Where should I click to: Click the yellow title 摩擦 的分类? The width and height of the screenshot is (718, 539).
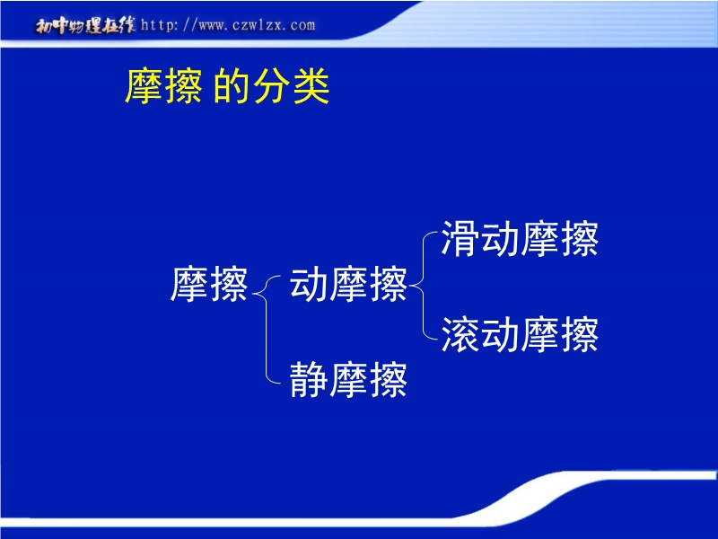tap(227, 85)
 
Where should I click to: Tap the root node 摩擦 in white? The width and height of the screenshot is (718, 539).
tap(209, 284)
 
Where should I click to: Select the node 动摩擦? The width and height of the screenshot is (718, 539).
tap(348, 284)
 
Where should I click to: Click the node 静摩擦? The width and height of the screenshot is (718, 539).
tap(348, 379)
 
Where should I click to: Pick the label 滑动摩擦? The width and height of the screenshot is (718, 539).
tap(520, 238)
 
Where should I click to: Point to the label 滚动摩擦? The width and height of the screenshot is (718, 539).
tap(520, 334)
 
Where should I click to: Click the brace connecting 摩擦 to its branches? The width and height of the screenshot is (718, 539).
tap(266, 329)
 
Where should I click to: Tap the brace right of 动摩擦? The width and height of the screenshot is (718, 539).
tap(423, 286)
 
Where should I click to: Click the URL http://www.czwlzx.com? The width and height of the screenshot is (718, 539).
tap(228, 25)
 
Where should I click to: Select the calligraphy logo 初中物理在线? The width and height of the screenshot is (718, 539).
tap(85, 25)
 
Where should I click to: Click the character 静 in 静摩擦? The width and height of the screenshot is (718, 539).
tap(309, 379)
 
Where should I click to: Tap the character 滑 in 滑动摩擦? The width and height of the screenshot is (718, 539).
tap(460, 238)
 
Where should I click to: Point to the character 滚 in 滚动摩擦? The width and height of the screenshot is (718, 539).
tap(460, 334)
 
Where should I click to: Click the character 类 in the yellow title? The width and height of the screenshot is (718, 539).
tap(311, 85)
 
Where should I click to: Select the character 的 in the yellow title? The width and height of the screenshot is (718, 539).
tap(232, 85)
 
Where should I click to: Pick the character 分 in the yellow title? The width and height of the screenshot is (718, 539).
tap(272, 85)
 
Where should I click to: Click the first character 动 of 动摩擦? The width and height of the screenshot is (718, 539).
tap(309, 284)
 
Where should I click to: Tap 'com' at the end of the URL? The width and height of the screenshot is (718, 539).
tap(302, 26)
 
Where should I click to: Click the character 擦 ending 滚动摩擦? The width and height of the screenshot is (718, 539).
tap(580, 334)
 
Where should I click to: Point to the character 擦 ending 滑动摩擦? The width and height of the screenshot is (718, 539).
tap(580, 238)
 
